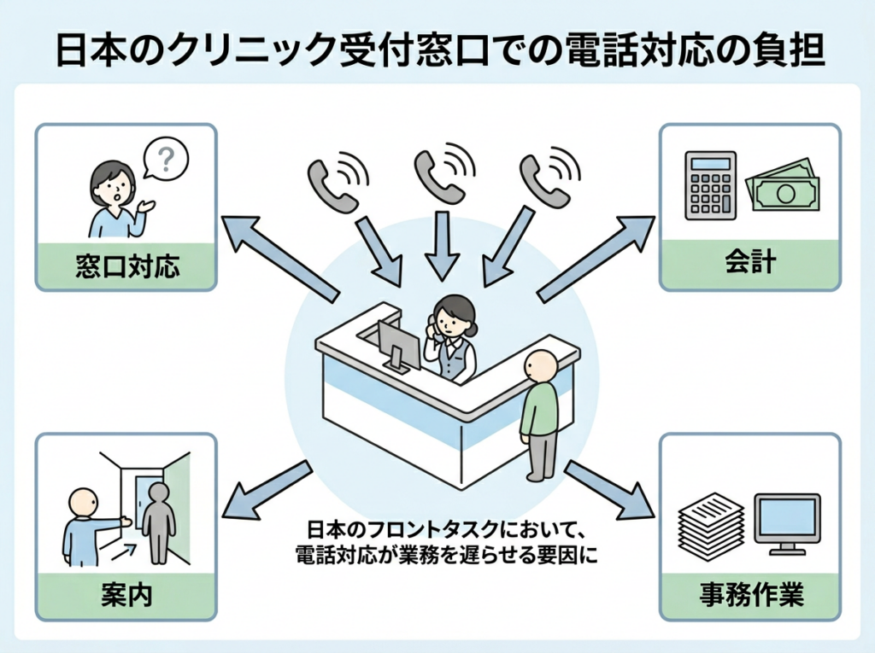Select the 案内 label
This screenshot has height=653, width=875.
pyautogui.click(x=126, y=594)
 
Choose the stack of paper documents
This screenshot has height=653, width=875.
pyautogui.click(x=709, y=524)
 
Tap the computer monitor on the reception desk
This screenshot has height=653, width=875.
pyautogui.click(x=398, y=346)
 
